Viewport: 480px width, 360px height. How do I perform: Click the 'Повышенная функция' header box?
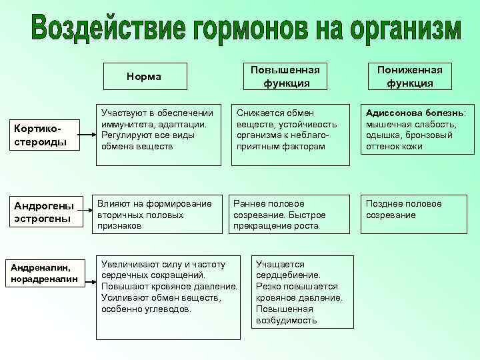click(x=285, y=77)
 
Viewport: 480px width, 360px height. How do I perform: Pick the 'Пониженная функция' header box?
click(x=410, y=77)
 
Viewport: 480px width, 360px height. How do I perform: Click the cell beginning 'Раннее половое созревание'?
click(x=290, y=214)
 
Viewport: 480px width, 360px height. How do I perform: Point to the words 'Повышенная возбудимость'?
click(x=285, y=315)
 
